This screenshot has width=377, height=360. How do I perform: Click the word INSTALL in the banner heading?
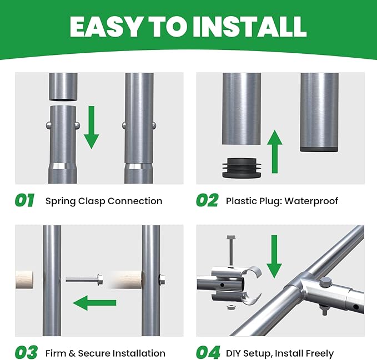click(x=249, y=27)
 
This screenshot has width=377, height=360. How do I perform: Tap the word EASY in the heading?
click(x=105, y=27)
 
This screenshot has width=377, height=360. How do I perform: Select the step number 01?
click(x=24, y=200)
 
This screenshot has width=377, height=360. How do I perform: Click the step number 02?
click(x=207, y=200)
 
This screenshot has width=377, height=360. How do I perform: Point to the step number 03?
click(x=26, y=352)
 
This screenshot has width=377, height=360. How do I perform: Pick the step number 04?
click(x=208, y=352)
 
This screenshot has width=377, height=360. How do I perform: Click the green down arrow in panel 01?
click(x=92, y=128)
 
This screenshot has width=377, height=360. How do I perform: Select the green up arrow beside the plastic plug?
click(x=275, y=151)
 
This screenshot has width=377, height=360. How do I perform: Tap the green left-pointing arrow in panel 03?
click(x=94, y=303)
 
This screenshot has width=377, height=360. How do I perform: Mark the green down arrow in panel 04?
click(x=274, y=257)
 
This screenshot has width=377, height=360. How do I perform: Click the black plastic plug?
click(x=242, y=168)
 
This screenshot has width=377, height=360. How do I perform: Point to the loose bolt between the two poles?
click(x=84, y=280)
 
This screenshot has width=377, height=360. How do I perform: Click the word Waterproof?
click(x=311, y=201)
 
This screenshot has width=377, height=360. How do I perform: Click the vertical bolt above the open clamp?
click(x=231, y=251)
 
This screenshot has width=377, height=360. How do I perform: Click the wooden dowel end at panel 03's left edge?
click(x=24, y=280)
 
